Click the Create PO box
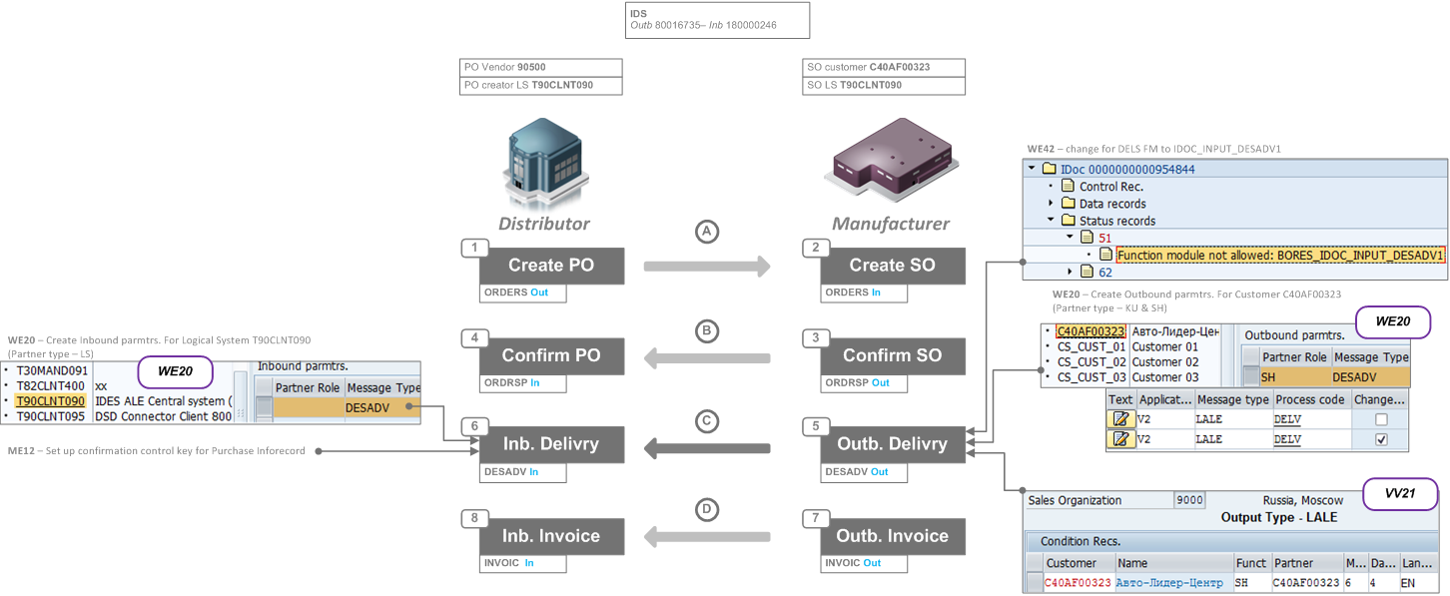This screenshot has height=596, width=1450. [x=551, y=266]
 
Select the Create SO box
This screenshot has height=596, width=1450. [x=892, y=266]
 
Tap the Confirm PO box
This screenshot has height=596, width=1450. [x=551, y=355]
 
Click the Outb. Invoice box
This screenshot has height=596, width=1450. [x=892, y=536]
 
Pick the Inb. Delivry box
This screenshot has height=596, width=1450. [x=551, y=445]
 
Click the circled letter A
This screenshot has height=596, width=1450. [x=707, y=232]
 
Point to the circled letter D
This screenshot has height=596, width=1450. [x=707, y=510]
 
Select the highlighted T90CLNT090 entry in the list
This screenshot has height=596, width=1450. [x=50, y=401]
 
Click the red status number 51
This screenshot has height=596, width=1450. [x=1104, y=238]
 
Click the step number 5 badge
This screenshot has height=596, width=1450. [x=815, y=426]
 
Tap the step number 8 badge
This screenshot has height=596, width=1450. [x=473, y=517]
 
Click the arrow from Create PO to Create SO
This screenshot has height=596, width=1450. [x=707, y=267]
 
